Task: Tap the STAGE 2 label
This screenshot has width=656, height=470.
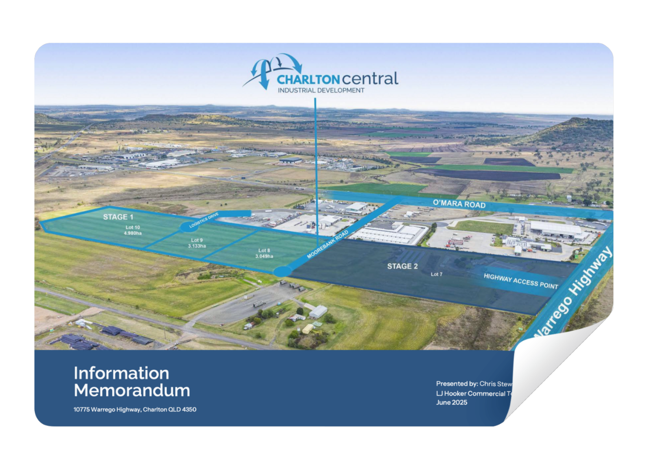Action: (402, 266)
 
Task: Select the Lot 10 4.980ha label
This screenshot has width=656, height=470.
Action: (133, 230)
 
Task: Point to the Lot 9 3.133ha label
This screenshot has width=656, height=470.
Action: (197, 243)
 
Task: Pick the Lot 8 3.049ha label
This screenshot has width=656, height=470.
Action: (264, 253)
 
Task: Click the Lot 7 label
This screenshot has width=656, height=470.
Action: (436, 274)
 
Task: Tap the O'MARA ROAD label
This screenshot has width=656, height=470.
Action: (459, 205)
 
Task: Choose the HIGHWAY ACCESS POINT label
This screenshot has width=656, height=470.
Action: (521, 281)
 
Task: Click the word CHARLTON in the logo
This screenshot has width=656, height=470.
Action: (308, 80)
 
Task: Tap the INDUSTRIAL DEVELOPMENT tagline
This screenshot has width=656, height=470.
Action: (321, 91)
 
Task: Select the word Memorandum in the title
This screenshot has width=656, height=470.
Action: (132, 390)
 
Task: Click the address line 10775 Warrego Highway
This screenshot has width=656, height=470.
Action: (135, 410)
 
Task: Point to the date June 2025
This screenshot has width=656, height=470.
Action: (452, 403)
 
